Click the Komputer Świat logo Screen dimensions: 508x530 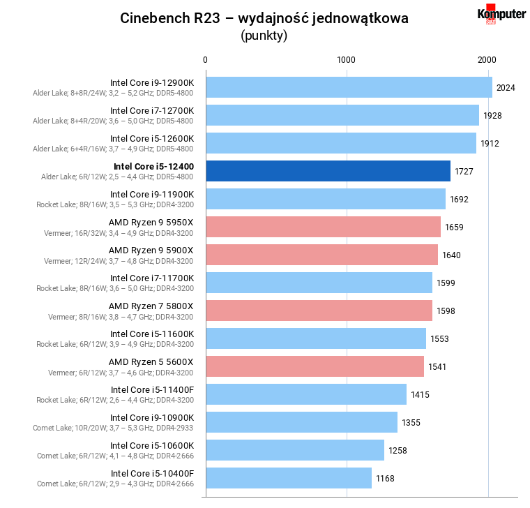[x=501, y=15]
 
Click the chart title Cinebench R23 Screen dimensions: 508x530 [x=264, y=18]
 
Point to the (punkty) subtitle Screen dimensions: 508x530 [x=264, y=36]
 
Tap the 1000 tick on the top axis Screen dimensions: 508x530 [x=347, y=60]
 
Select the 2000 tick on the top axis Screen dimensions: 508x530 [x=487, y=60]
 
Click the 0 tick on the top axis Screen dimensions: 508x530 [x=205, y=60]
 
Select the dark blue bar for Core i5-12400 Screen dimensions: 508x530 [x=327, y=171]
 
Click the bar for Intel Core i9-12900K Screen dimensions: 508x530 [x=348, y=87]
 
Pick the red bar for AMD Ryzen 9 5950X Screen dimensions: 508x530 [x=322, y=227]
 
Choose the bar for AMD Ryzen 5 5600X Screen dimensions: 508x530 [x=314, y=366]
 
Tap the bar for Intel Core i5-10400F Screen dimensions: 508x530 [x=287, y=478]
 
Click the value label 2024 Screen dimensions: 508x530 [x=506, y=87]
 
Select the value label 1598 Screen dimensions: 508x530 [x=446, y=311]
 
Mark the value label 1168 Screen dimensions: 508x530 [x=385, y=478]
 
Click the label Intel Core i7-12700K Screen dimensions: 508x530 [x=152, y=110]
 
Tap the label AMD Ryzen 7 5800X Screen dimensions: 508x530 [x=151, y=306]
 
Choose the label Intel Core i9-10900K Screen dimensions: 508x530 [x=152, y=417]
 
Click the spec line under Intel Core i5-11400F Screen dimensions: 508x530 [x=115, y=400]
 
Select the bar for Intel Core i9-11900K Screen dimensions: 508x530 [x=325, y=199]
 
